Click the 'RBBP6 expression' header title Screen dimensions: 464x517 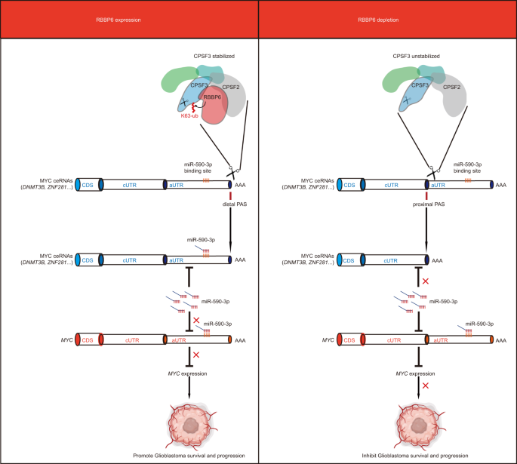129,18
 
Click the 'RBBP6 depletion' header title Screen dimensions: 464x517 387,18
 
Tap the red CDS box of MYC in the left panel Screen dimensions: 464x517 88,340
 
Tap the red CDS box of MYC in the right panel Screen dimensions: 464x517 349,340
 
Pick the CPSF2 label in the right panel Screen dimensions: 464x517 453,88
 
